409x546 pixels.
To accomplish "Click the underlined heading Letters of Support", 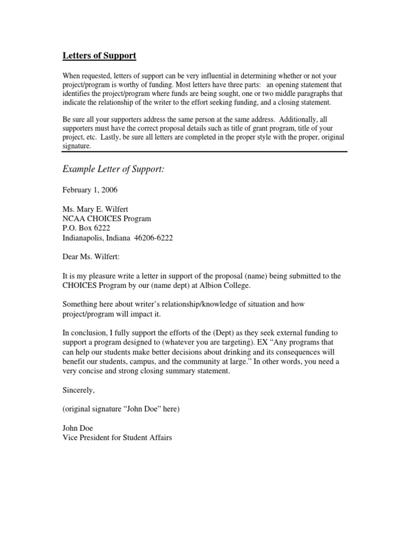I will tap(100, 55).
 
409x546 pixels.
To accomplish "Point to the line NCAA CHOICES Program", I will tap(107, 219).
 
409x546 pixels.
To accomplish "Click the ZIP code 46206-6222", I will tap(154, 238).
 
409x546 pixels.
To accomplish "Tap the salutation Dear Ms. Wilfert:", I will tap(92, 258).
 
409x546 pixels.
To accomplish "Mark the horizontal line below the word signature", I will tap(205, 152).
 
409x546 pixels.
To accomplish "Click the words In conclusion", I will tap(86, 333).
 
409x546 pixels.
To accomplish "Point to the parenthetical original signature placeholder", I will tap(121, 409).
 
